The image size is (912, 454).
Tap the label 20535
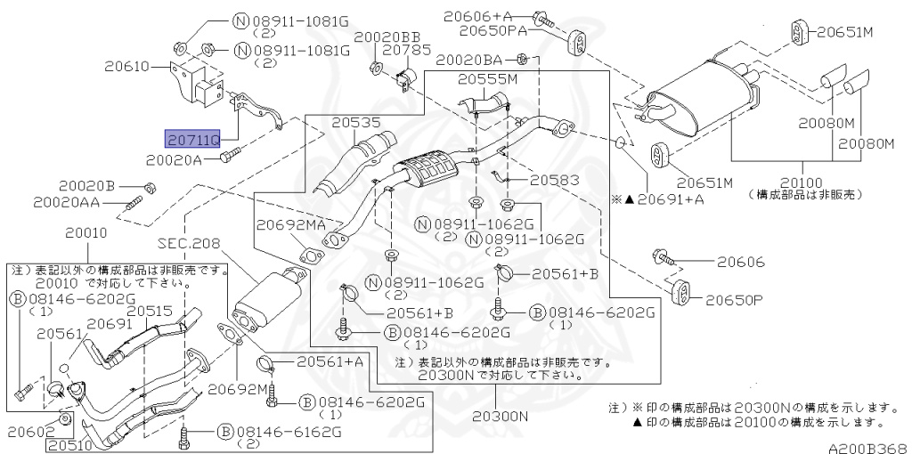[x=356, y=123]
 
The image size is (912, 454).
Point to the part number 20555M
[x=487, y=79]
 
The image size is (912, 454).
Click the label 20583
[x=554, y=180]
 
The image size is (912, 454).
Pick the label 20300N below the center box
[x=500, y=416]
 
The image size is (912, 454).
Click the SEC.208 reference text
[x=189, y=242]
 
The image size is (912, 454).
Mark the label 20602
[x=28, y=431]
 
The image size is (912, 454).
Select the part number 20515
[x=150, y=311]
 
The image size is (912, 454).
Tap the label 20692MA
[x=291, y=225]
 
